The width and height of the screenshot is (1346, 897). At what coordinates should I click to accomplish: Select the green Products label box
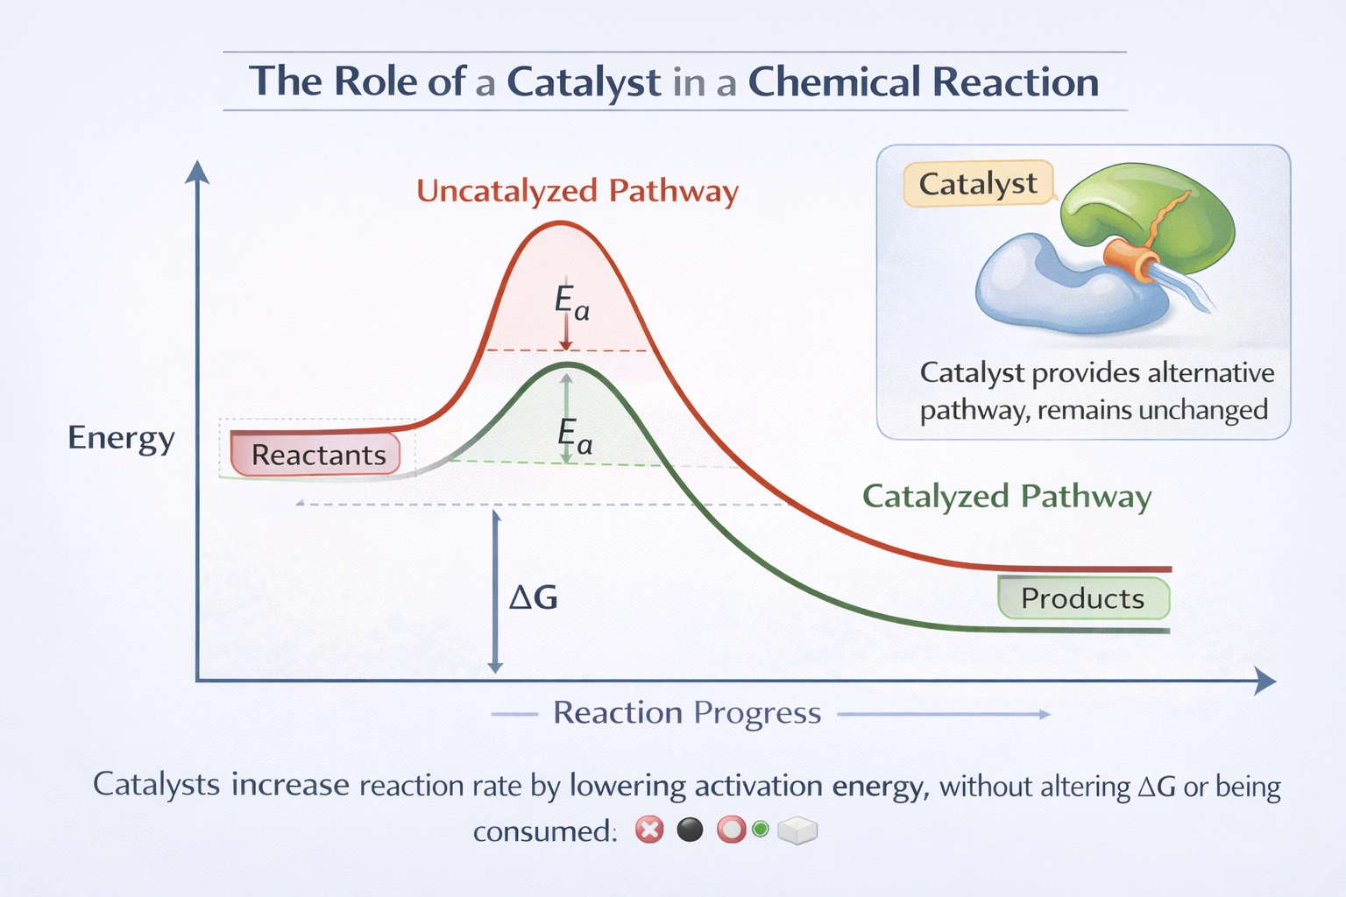coord(1083,598)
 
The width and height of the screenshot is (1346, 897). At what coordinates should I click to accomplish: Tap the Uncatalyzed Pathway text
coord(577,191)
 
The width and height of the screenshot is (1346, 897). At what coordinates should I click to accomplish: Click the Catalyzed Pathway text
coord(1006,497)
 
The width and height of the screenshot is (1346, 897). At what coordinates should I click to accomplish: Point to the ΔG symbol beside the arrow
coord(534,597)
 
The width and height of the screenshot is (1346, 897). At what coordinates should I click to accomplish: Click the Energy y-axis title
coord(121,437)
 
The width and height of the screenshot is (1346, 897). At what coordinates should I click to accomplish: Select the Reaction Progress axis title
coord(687,713)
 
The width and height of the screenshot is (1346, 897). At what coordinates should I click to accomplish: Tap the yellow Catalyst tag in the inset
coord(977,184)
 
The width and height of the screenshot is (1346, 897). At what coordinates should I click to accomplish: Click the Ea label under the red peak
coord(571,302)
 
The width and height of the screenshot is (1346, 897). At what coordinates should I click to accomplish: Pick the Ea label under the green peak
coord(575,434)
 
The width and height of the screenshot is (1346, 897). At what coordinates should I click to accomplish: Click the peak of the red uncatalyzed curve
coord(561,223)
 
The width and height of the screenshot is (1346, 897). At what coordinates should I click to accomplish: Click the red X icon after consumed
coord(649,829)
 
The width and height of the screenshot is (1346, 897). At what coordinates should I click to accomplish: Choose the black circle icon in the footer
coord(691,829)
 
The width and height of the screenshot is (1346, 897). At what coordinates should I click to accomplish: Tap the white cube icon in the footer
coord(797,830)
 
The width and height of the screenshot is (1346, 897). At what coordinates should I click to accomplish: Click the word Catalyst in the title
coord(584,82)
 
